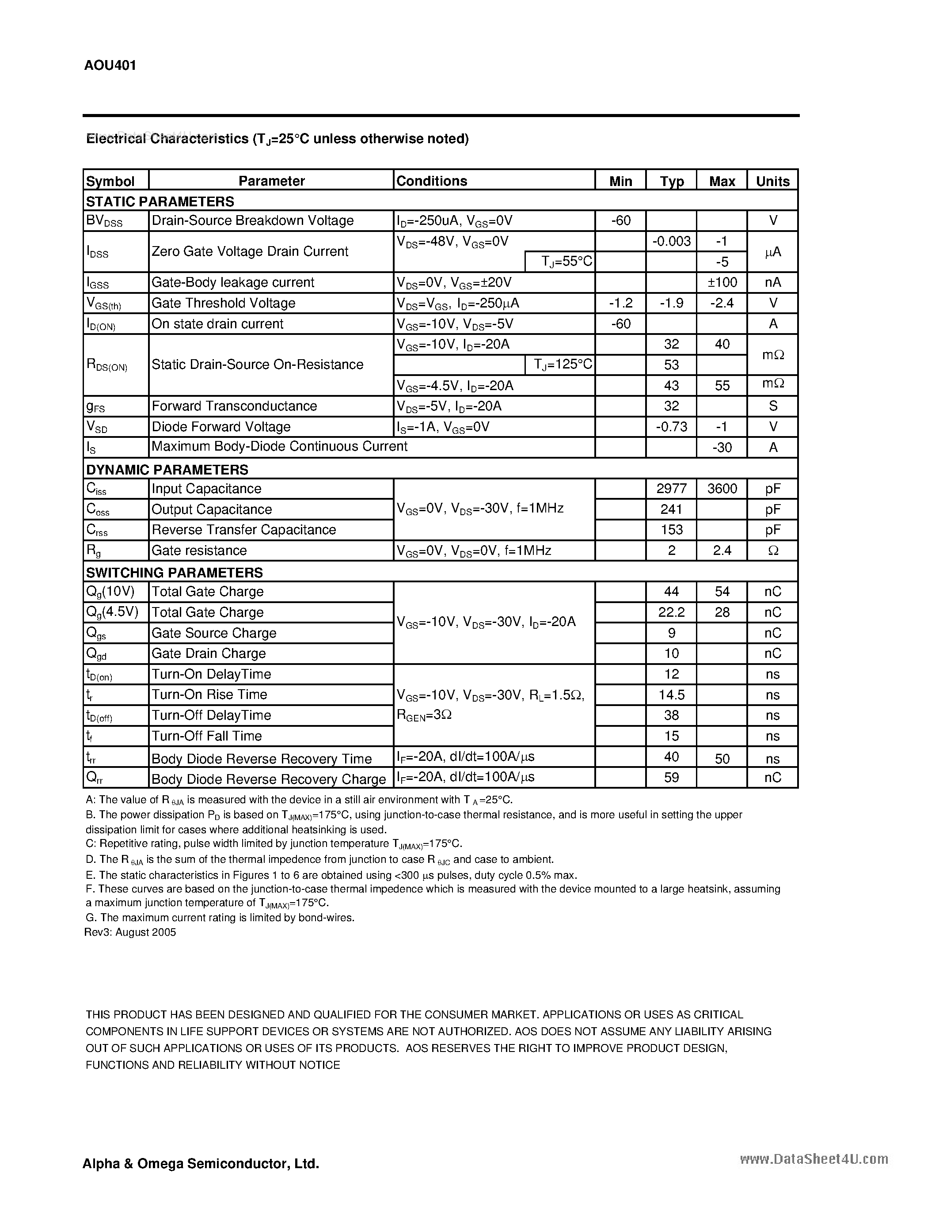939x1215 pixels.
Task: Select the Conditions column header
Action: coord(432,181)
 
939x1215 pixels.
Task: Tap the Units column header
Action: coord(773,181)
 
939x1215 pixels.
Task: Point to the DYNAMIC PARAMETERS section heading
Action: coord(167,470)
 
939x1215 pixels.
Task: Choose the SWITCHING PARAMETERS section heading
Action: coord(174,573)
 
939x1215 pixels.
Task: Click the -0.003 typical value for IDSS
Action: coord(671,241)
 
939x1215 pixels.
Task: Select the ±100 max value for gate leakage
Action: coord(722,282)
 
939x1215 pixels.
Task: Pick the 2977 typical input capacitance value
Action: coord(671,489)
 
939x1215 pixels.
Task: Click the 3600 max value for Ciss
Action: coord(722,489)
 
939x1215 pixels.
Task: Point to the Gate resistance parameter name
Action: coord(199,550)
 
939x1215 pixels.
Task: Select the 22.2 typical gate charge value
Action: coord(671,612)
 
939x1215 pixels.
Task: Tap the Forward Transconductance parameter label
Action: coord(234,406)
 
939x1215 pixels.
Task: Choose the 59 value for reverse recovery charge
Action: coord(671,777)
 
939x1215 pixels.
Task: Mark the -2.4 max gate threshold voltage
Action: coord(722,303)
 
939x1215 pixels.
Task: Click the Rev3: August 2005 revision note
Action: coord(130,932)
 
